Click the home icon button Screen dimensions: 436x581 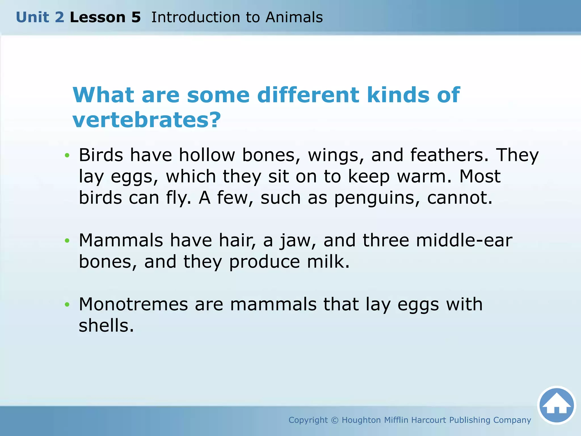coord(556,405)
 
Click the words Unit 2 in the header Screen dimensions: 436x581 coord(40,17)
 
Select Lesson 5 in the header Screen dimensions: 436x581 coord(105,17)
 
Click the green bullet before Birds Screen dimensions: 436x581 coord(67,155)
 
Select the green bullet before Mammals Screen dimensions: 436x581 coord(67,241)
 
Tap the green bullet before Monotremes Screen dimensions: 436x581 coord(67,305)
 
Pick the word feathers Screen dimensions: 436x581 coord(449,155)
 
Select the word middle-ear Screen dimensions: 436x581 coord(464,240)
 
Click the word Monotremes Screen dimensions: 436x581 coord(133,304)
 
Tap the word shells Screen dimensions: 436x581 coord(106,326)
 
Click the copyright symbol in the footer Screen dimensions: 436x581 coord(335,420)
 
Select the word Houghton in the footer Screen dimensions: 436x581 coord(361,420)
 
